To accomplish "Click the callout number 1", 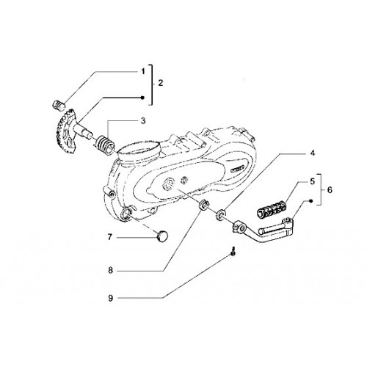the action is pyautogui.click(x=143, y=71).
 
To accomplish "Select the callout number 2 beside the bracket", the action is pyautogui.click(x=160, y=83).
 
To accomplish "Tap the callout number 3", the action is pyautogui.click(x=143, y=121).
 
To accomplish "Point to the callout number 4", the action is pyautogui.click(x=313, y=153).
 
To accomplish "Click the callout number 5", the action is pyautogui.click(x=313, y=182).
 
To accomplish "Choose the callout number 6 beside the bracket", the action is pyautogui.click(x=330, y=190).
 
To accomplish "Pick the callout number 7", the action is pyautogui.click(x=110, y=237).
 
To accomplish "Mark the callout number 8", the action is pyautogui.click(x=110, y=270).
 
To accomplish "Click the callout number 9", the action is pyautogui.click(x=110, y=298).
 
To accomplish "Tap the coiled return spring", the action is pyautogui.click(x=104, y=146).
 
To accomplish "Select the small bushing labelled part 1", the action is pyautogui.click(x=59, y=105).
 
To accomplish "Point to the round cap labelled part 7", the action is pyautogui.click(x=162, y=237).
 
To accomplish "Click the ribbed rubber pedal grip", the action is pyautogui.click(x=272, y=209).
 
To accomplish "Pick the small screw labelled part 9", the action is pyautogui.click(x=233, y=252).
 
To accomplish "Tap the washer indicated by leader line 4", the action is pyautogui.click(x=220, y=214).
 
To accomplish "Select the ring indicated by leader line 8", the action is pyautogui.click(x=203, y=206).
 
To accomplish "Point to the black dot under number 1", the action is pyautogui.click(x=142, y=98).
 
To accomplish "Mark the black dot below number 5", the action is pyautogui.click(x=310, y=201).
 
